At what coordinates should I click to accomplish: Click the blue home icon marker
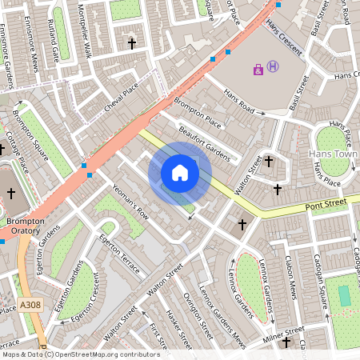pyautogui.click(x=180, y=173)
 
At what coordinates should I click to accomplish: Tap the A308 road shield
pyautogui.click(x=30, y=305)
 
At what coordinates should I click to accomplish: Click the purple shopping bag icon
pyautogui.click(x=258, y=70)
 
